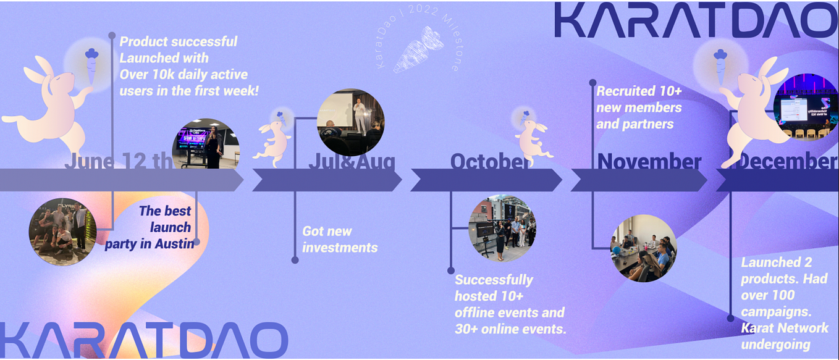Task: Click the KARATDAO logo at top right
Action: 695,20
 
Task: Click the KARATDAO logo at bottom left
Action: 143,340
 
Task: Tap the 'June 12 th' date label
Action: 117,161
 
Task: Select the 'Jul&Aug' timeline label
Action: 352,162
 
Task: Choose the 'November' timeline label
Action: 649,162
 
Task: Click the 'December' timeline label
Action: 788,162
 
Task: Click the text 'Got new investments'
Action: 339,240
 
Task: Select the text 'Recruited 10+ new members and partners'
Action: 638,107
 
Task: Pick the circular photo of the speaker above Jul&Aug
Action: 350,122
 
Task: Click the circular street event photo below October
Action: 502,228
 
